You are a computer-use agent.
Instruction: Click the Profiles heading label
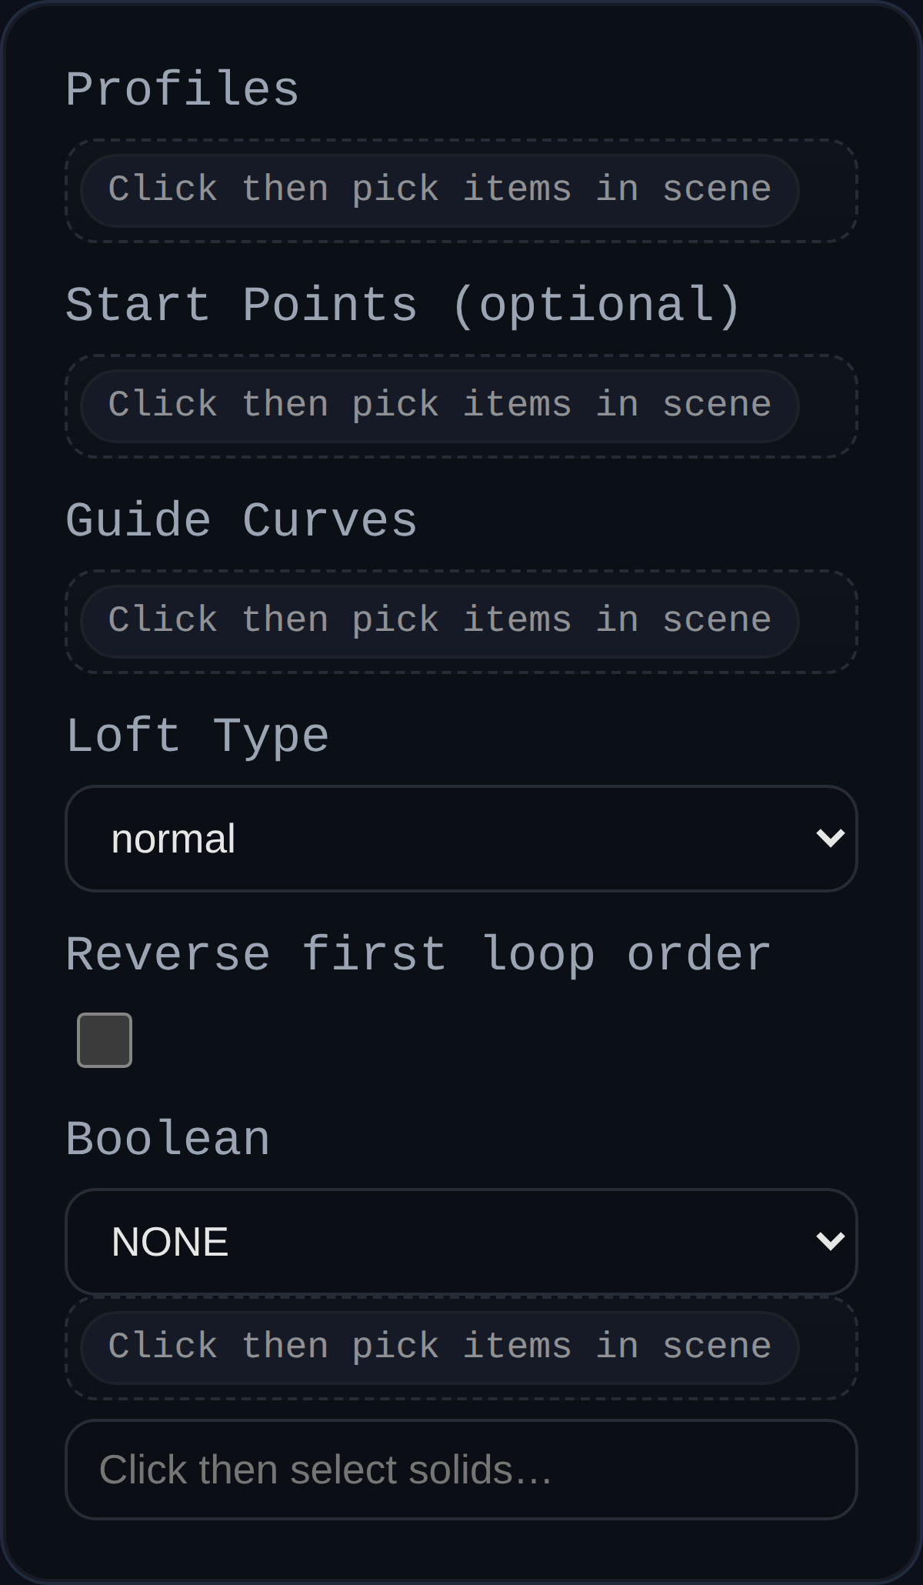click(x=182, y=90)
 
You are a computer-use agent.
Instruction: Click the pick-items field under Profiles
click(x=439, y=190)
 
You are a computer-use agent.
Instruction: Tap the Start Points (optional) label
click(x=403, y=305)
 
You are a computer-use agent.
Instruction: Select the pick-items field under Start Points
click(x=439, y=405)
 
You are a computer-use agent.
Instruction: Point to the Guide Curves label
click(x=242, y=521)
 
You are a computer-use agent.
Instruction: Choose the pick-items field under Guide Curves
click(x=439, y=621)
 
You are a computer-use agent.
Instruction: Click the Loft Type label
click(x=198, y=736)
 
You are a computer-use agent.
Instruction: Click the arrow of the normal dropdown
click(x=830, y=838)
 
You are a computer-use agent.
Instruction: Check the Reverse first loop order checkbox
click(x=105, y=1040)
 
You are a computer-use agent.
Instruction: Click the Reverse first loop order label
click(x=418, y=955)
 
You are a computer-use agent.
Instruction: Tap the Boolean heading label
click(x=168, y=1140)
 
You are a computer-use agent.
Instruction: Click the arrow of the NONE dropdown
click(x=830, y=1241)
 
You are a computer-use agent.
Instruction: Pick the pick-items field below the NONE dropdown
click(x=439, y=1347)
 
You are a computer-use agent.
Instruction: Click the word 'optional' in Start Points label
click(x=596, y=305)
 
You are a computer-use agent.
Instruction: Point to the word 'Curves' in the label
click(x=330, y=521)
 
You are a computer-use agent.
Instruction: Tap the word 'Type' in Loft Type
click(x=271, y=736)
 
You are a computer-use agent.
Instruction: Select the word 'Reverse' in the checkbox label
click(x=168, y=955)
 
